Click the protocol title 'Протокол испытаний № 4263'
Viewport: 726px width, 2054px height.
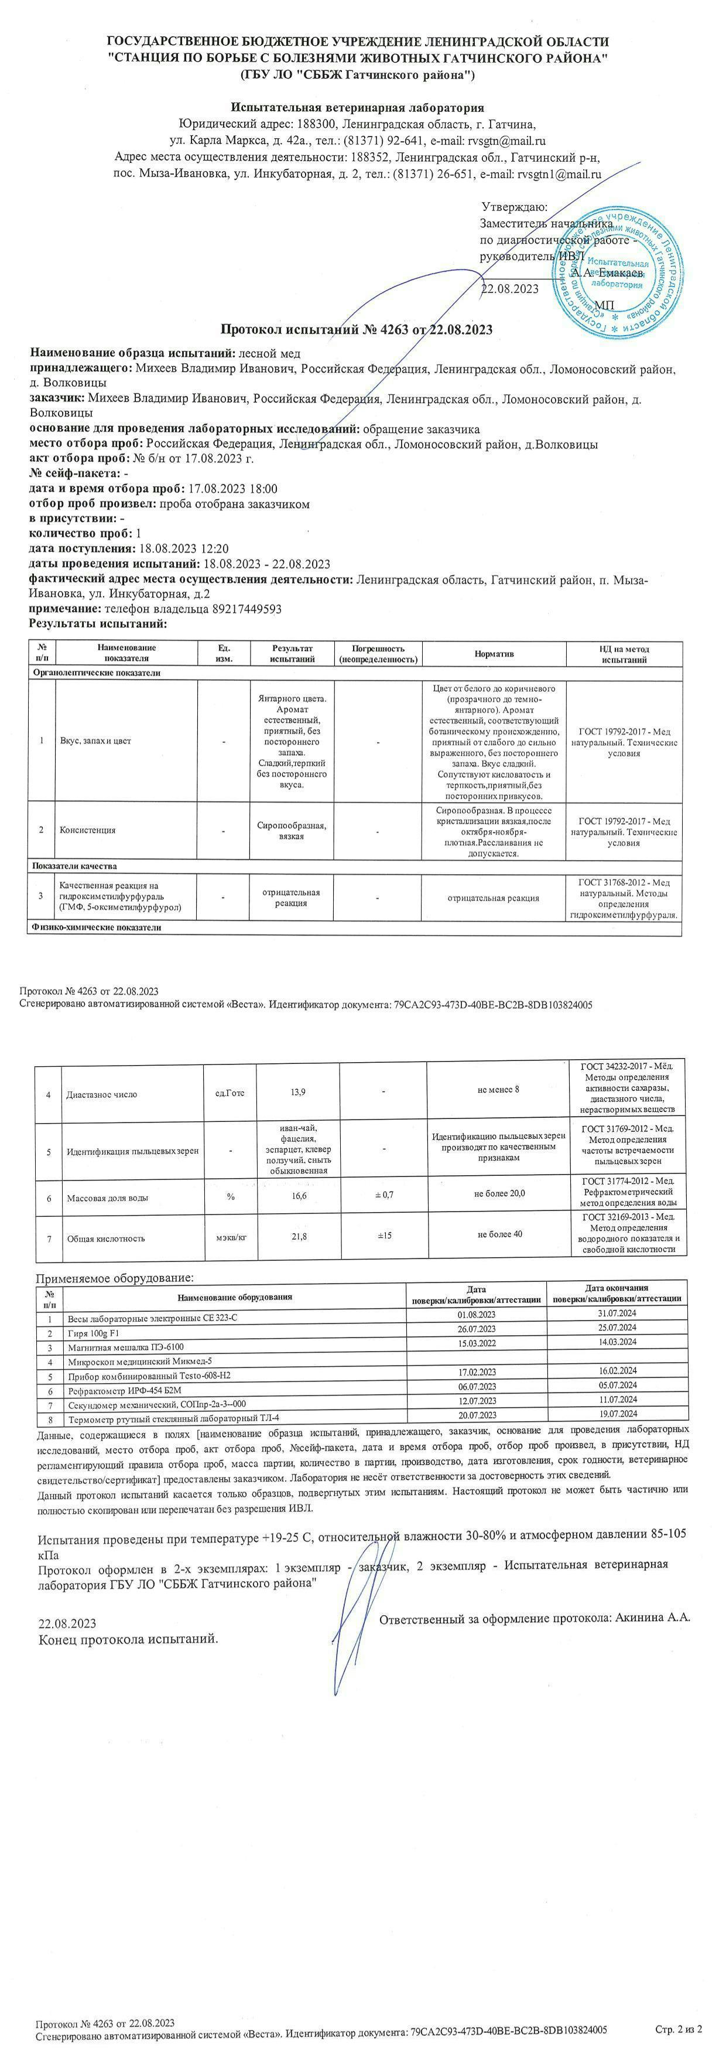pos(355,329)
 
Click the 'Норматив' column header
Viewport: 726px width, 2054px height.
pos(494,654)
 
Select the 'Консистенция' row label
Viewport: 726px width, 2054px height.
pos(88,830)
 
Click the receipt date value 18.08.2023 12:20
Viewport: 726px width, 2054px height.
pos(184,548)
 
